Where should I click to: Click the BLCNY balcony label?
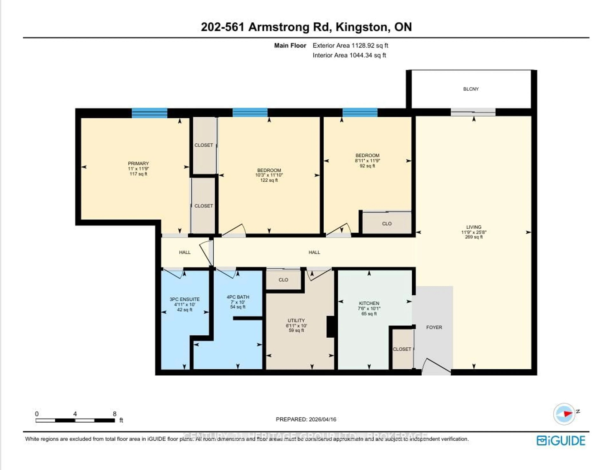pyautogui.click(x=471, y=89)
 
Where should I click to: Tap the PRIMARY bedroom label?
pyautogui.click(x=138, y=163)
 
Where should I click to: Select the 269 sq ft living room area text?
pyautogui.click(x=474, y=237)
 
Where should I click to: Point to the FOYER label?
pyautogui.click(x=434, y=327)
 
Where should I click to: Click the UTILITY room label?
pyautogui.click(x=296, y=320)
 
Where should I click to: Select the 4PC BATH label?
pyautogui.click(x=238, y=297)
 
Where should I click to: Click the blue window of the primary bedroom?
pyautogui.click(x=149, y=113)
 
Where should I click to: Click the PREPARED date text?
pyautogui.click(x=306, y=419)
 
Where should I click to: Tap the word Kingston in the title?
pyautogui.click(x=361, y=27)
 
